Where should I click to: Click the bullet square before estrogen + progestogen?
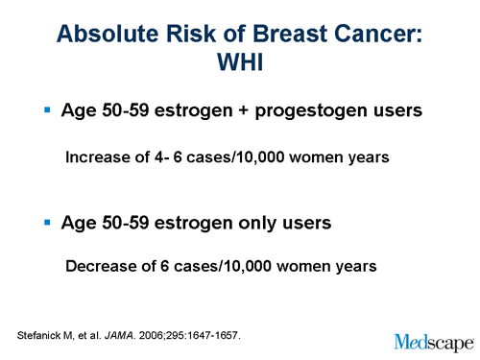pos(47,110)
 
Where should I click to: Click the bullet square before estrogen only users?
pos(47,222)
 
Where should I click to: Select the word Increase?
pos(98,156)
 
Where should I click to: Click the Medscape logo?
pos(433,340)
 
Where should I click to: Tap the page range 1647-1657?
pos(213,335)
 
